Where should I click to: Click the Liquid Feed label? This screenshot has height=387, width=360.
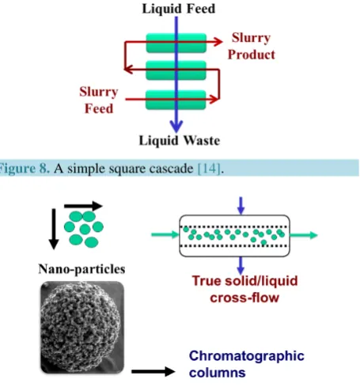[179, 9]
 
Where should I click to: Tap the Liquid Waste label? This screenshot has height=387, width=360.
[180, 140]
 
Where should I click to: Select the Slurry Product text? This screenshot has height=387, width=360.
[252, 46]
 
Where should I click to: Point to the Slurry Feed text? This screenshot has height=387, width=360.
[99, 100]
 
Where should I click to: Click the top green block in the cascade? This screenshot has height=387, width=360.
[176, 43]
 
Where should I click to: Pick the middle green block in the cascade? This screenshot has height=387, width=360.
[176, 70]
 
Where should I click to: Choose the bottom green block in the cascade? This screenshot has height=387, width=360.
[176, 100]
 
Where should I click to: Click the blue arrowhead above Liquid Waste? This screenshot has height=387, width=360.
[176, 126]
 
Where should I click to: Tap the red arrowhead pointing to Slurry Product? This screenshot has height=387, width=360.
[218, 41]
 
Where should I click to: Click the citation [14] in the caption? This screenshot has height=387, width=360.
[209, 169]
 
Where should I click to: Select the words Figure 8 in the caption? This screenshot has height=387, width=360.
[24, 169]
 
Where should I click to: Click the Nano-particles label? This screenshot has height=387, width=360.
[81, 269]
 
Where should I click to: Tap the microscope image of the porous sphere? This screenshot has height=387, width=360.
[82, 328]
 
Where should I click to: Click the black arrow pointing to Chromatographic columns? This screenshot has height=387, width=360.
[153, 371]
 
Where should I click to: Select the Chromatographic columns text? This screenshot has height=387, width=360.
[247, 364]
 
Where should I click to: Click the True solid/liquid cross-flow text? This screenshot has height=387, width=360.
[244, 289]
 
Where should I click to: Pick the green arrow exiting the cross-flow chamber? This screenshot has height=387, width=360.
[303, 235]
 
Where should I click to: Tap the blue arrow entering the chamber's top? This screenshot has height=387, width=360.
[241, 206]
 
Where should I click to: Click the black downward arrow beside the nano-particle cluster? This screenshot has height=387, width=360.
[54, 229]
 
